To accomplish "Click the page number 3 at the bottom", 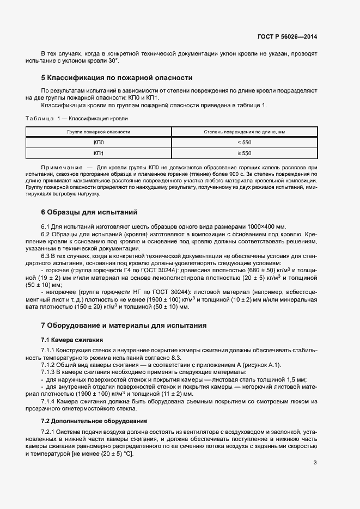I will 315,463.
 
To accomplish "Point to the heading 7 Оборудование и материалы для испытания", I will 124,326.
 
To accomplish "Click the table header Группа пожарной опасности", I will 99,132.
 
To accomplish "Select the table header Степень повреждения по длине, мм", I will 245,132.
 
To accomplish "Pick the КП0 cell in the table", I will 99,143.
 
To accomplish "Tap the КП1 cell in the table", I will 99,154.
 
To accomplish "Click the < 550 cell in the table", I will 245,143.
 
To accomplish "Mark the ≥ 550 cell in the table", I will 245,154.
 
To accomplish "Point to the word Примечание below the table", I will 59,167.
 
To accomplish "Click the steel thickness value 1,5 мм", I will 296,379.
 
